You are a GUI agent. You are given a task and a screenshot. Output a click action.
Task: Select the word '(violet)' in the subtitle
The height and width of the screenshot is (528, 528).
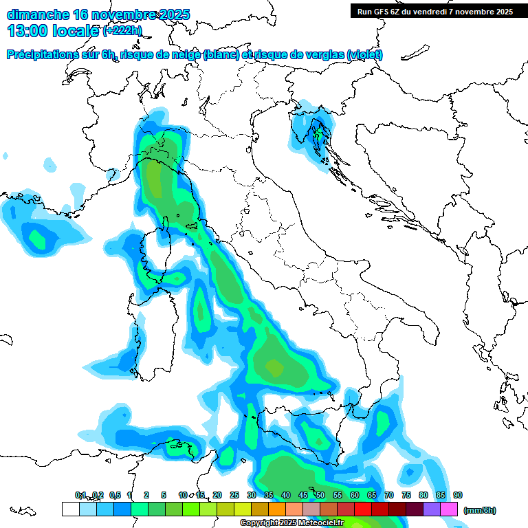pos(364,55)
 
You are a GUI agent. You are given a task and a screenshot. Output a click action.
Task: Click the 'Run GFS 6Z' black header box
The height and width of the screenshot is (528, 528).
pos(435,11)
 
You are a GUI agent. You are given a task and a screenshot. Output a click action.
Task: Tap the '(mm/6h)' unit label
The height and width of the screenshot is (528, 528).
pos(479,510)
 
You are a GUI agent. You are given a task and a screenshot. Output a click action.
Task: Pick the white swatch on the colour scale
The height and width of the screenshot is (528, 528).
pos(70,509)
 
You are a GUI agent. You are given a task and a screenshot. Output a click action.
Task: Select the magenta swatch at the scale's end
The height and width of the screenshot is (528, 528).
pos(449,509)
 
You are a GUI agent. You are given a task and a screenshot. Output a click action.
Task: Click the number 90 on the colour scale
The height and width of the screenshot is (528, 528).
pos(458,495)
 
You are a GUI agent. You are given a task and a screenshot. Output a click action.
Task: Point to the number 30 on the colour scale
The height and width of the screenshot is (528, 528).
pos(252,495)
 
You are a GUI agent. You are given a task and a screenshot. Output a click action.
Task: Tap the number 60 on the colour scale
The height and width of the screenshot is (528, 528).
pos(355,495)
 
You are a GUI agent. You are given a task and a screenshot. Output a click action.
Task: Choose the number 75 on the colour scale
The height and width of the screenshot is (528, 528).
pos(406,495)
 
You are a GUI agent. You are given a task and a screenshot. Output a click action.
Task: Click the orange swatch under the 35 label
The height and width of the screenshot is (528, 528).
pos(277,509)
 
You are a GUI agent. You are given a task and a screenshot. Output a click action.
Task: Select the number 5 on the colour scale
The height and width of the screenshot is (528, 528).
pos(164,495)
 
